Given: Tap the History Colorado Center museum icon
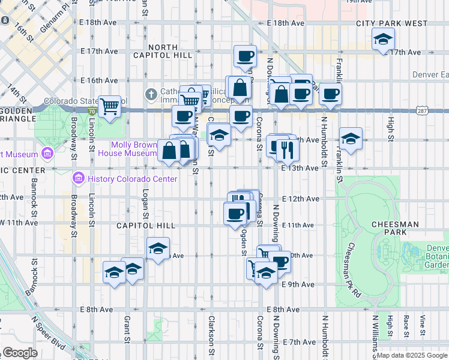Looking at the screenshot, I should (77, 178).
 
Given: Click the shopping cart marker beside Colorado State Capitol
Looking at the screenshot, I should (110, 107).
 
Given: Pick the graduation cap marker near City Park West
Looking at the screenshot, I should (382, 40).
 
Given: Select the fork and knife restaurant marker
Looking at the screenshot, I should (288, 149).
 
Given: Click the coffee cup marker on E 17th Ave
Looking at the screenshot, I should (244, 56).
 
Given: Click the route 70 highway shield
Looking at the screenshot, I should (91, 111).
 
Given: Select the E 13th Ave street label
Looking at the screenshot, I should (300, 169).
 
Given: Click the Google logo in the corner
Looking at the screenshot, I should (20, 353).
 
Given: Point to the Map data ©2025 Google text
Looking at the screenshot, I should (412, 355).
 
